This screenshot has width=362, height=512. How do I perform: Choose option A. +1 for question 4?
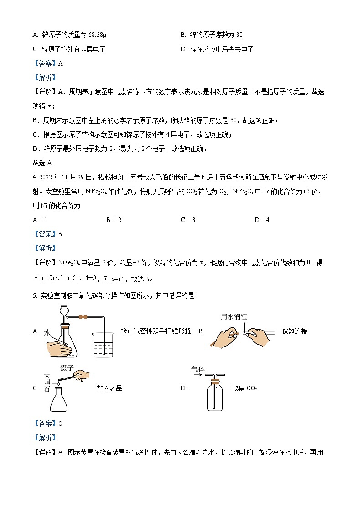40,220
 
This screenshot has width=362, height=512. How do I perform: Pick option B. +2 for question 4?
114,220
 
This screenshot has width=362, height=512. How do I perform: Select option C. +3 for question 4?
188,220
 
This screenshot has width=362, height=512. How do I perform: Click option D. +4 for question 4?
262,220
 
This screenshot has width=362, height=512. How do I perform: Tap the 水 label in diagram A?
47,333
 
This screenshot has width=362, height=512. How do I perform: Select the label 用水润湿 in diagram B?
234,317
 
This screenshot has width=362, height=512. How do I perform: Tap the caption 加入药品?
109,388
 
